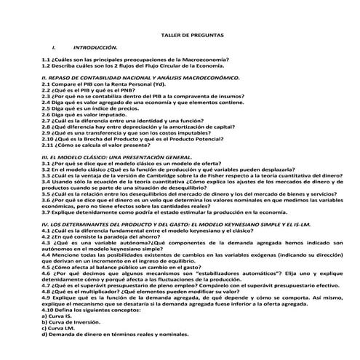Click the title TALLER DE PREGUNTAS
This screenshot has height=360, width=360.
tap(192, 35)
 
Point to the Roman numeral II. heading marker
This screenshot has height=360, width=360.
tap(44, 76)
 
